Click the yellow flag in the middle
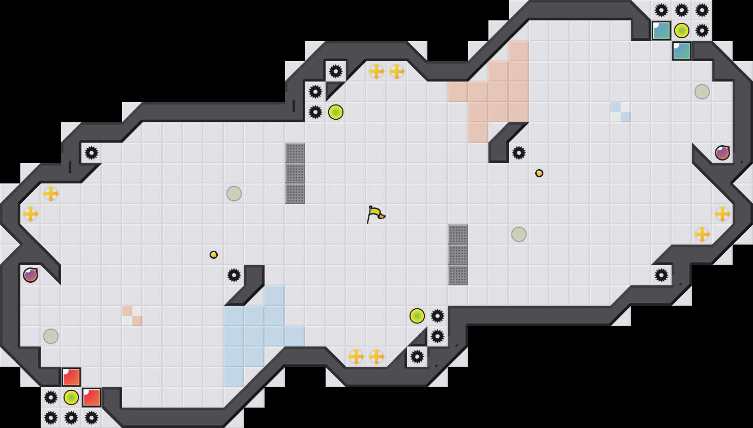coord(375,214)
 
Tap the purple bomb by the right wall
coord(722,153)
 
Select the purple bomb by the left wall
coord(31,275)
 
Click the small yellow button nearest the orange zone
coord(539,173)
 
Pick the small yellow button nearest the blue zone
coord(214,255)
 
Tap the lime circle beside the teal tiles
coord(682,31)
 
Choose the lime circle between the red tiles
coord(71,397)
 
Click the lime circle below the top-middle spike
coord(336,112)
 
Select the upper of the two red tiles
coord(71,377)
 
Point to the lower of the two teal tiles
coord(682,51)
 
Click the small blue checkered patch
coord(621,112)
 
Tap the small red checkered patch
coord(132,316)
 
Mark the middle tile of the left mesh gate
coord(295,173)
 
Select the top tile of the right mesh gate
coord(458,234)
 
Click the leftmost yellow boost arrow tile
coord(31,214)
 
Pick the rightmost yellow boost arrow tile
coord(722,214)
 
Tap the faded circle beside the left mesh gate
coord(234,194)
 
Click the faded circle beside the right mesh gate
coord(519,234)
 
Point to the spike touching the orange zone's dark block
coord(519,153)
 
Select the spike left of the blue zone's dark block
coord(234,275)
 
